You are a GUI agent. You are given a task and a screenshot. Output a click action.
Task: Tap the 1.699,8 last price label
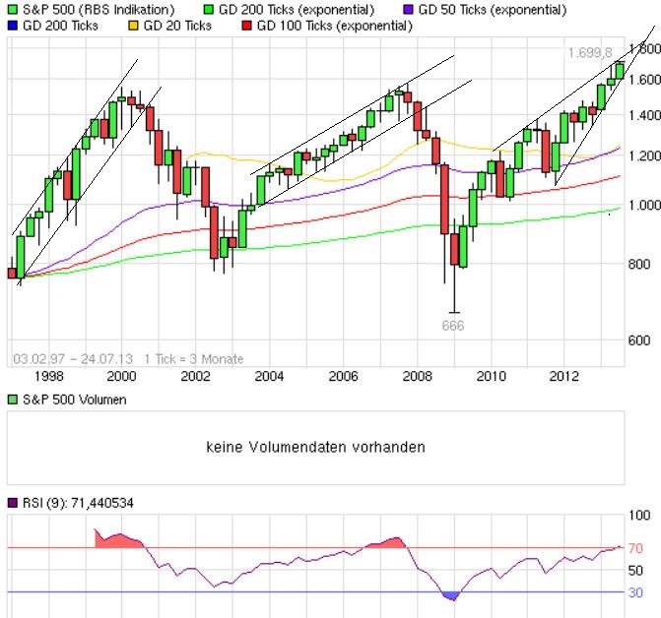click(x=590, y=52)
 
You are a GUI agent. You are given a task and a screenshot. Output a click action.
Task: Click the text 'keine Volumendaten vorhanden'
click(x=315, y=447)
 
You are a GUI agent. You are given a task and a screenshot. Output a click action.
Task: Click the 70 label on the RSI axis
click(x=636, y=547)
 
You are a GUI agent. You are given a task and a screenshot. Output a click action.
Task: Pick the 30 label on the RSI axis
click(x=636, y=592)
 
